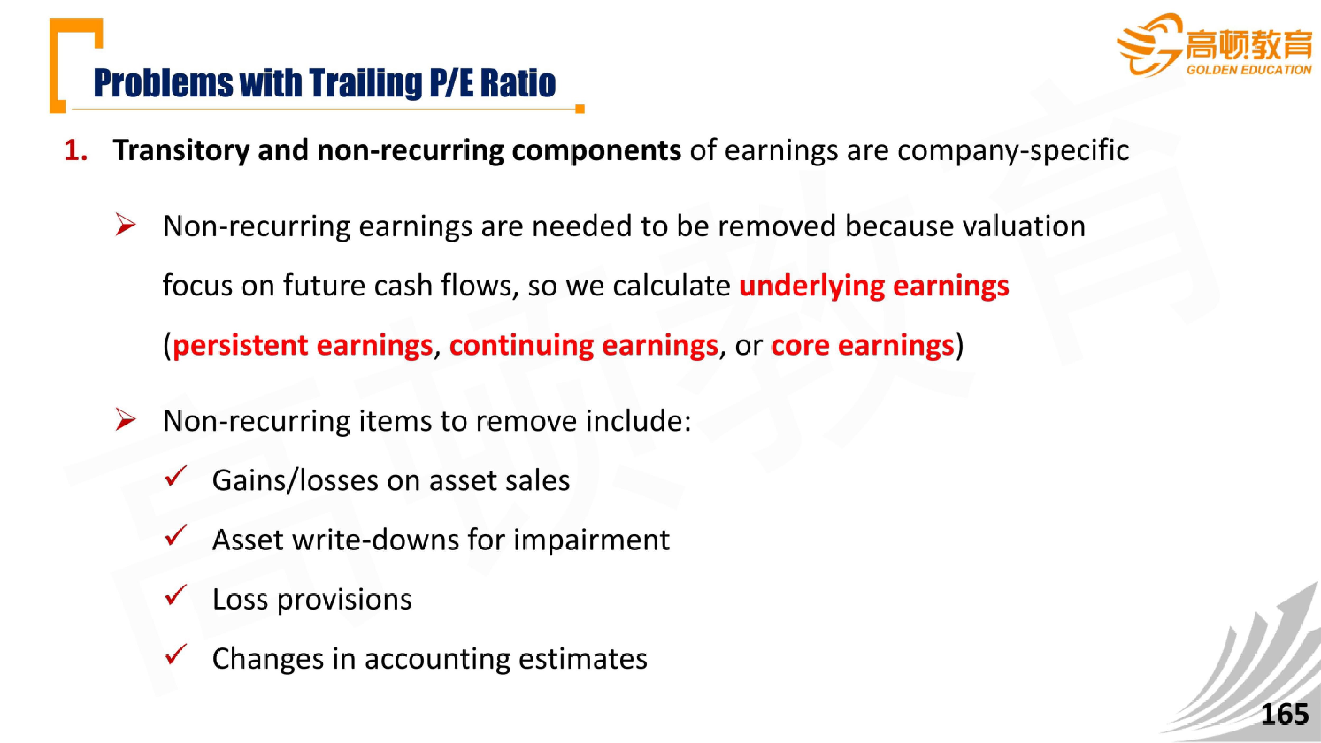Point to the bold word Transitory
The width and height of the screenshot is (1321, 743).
pyautogui.click(x=181, y=151)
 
